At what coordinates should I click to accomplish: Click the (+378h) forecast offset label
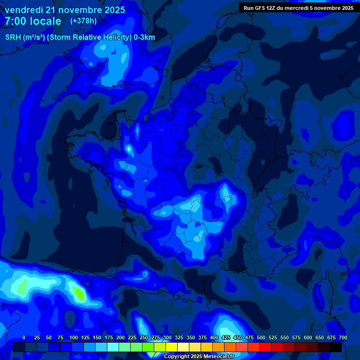(83, 21)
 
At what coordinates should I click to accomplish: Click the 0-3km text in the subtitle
(144, 37)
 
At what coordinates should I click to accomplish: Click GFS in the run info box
(261, 8)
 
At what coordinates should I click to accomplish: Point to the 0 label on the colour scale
(24, 338)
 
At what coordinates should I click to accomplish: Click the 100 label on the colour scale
(73, 338)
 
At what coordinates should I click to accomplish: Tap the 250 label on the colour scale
(144, 338)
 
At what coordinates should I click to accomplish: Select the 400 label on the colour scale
(214, 338)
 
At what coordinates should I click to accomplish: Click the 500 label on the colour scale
(261, 338)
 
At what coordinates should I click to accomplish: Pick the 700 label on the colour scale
(343, 338)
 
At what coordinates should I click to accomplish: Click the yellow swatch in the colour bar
(172, 347)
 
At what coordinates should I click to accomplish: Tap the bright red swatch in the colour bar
(265, 347)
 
